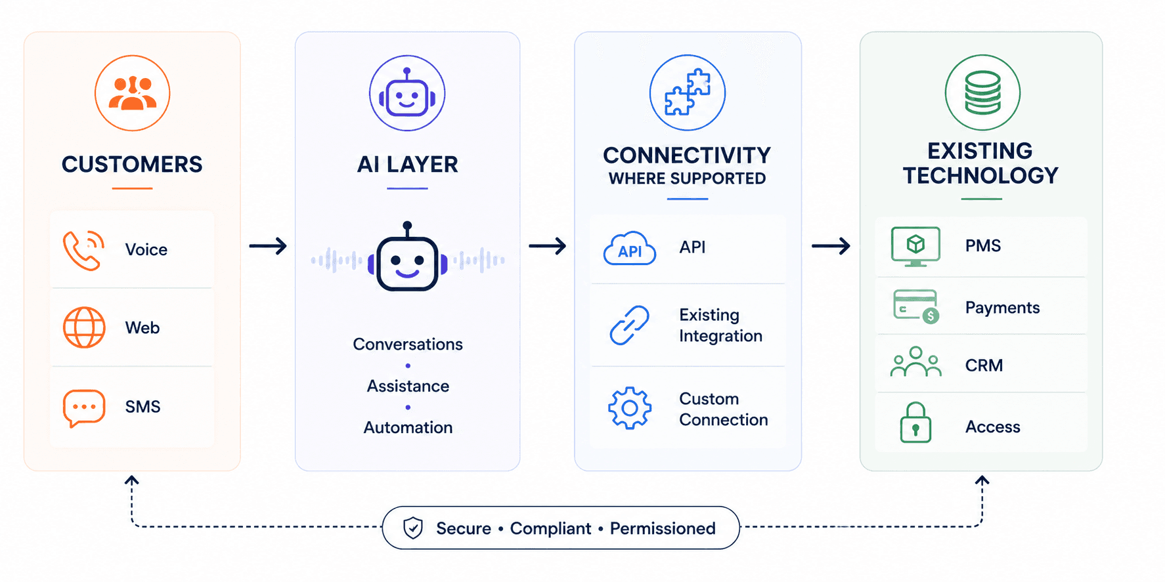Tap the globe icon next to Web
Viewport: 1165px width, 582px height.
pos(84,327)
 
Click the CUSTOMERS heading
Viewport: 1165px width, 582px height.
pos(132,164)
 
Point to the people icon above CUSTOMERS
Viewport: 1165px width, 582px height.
pos(133,93)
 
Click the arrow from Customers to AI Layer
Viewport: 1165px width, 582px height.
pos(268,246)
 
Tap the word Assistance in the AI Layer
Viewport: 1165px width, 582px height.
pos(408,386)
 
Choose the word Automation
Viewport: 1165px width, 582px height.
pos(408,428)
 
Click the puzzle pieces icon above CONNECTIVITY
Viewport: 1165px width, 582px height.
pos(688,93)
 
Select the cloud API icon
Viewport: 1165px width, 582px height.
pos(630,248)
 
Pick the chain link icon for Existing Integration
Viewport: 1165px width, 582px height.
pos(629,325)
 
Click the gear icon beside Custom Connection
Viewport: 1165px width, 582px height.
pos(630,408)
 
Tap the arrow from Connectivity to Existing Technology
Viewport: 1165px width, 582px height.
pos(831,246)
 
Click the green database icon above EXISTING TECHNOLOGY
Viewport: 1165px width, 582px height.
pos(982,93)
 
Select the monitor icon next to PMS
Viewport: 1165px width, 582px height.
pos(915,247)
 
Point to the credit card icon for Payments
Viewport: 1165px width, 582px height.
pos(916,306)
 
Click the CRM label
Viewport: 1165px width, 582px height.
pos(984,365)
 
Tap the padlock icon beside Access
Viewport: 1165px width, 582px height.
pos(915,423)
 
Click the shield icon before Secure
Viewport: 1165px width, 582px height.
pos(413,528)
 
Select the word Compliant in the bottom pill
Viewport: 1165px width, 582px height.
pos(550,529)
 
